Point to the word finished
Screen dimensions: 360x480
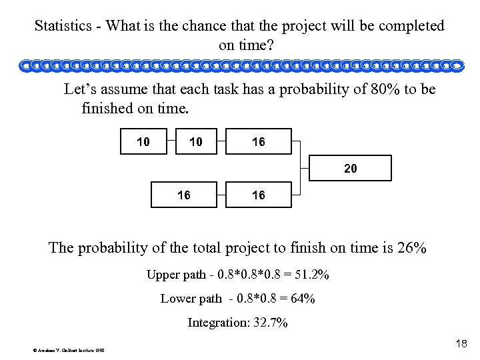[x=111, y=107]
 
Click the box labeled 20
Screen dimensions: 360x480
[x=350, y=169]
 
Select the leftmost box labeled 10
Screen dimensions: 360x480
[x=142, y=141]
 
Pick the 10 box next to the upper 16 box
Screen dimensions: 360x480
[x=196, y=141]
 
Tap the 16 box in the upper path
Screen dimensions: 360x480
[x=257, y=141]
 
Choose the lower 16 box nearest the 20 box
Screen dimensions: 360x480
[x=257, y=195]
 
